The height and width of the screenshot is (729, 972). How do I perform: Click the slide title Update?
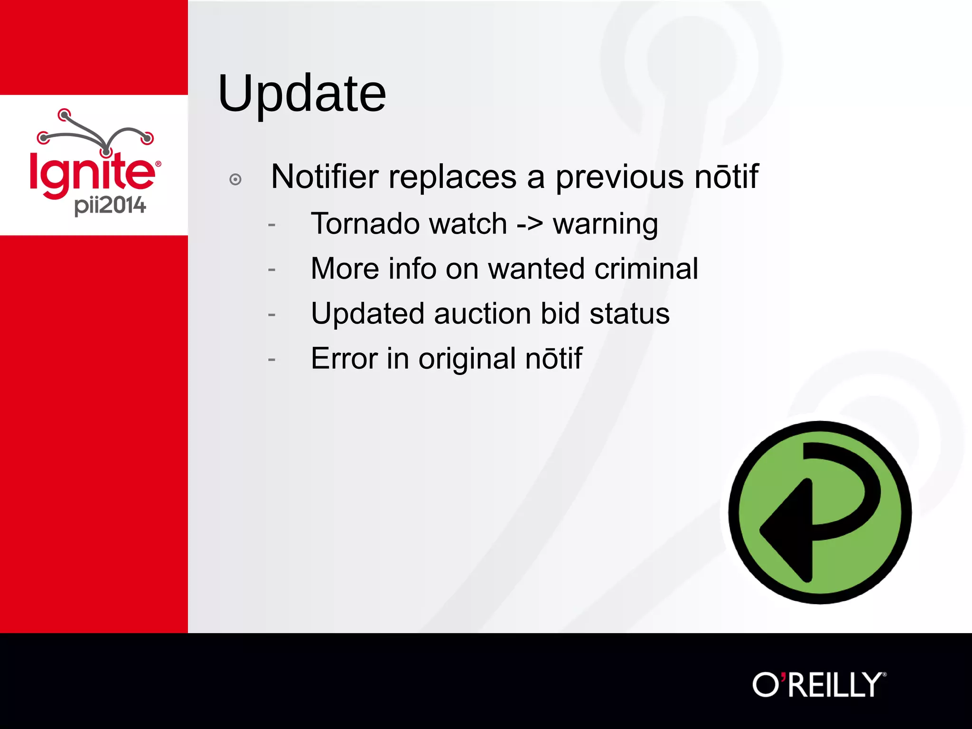[302, 94]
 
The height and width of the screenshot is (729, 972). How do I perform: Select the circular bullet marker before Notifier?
[235, 179]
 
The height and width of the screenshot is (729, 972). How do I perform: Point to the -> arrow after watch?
[530, 224]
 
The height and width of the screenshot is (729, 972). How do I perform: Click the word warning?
[606, 224]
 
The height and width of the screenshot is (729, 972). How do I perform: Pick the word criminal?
[646, 269]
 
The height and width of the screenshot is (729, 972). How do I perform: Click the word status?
[629, 314]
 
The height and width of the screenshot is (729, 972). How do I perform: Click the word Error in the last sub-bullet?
[344, 358]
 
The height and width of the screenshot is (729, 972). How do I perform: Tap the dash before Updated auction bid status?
[271, 315]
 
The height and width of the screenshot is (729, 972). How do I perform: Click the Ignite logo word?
[93, 172]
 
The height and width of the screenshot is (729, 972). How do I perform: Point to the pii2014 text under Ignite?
[110, 206]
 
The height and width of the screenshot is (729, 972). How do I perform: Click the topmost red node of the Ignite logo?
[64, 114]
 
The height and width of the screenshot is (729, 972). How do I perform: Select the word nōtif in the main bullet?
[727, 177]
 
